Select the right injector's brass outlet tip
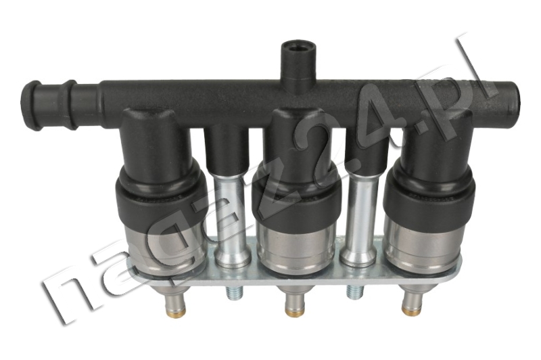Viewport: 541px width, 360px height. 412,311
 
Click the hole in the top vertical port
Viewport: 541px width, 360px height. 298,47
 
